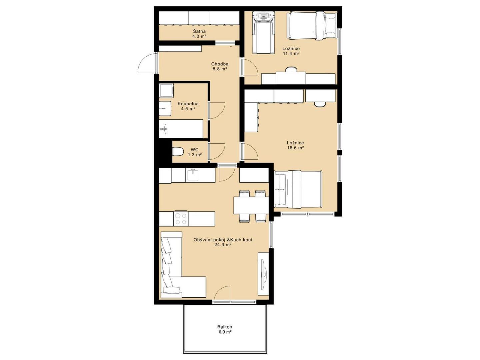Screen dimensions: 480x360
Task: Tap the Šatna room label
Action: tap(199, 31)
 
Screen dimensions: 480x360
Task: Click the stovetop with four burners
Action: tap(181, 219)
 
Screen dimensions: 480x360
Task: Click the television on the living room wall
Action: tap(264, 273)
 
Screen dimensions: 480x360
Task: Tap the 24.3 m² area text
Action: tap(223, 245)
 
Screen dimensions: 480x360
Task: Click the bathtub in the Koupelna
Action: tap(181, 129)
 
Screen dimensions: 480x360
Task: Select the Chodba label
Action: tap(220, 64)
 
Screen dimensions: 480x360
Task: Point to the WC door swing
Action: tap(217, 152)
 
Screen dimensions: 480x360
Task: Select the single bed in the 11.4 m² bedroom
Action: tap(312, 26)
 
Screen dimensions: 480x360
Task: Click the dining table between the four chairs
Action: tap(251, 205)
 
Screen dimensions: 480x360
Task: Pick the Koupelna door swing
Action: tap(217, 111)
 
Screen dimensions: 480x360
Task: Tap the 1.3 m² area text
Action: tap(195, 155)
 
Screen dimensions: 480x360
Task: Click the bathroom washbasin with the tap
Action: tap(165, 108)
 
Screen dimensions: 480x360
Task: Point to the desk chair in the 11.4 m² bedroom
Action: tap(291, 70)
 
